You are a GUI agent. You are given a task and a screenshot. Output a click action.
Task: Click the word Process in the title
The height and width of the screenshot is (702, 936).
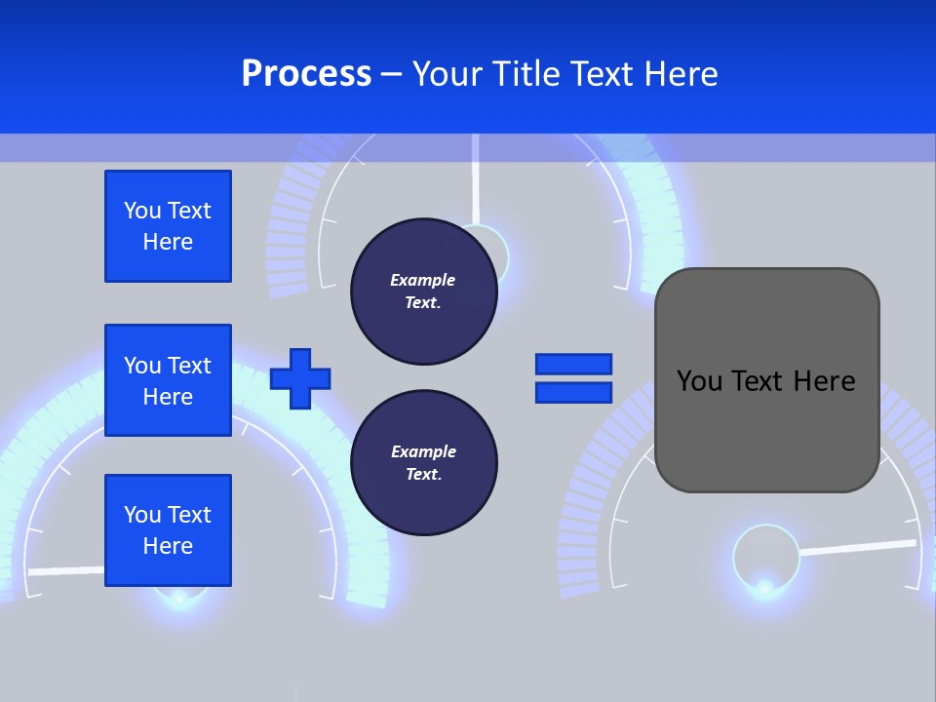click(x=306, y=74)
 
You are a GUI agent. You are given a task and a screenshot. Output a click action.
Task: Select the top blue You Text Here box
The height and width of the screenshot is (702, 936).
click(x=168, y=226)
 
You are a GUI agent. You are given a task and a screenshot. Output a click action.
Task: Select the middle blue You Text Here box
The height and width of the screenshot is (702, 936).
click(x=168, y=380)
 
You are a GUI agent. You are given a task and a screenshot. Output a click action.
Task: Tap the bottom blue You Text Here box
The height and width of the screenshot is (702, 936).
click(x=168, y=530)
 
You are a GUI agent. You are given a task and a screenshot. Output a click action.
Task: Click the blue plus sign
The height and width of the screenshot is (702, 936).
click(x=300, y=378)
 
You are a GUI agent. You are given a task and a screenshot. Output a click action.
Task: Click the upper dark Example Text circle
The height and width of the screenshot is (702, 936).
click(x=423, y=292)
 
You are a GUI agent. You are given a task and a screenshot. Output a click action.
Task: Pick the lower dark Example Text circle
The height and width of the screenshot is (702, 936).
click(x=423, y=463)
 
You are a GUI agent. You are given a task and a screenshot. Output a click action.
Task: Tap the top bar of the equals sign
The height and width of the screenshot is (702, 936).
click(x=573, y=365)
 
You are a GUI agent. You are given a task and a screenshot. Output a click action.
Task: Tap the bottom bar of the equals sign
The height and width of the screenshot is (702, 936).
click(x=573, y=392)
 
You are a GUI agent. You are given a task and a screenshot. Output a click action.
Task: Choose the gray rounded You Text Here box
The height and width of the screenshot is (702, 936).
click(x=766, y=380)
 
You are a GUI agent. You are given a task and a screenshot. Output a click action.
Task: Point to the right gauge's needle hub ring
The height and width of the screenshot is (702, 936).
click(x=765, y=557)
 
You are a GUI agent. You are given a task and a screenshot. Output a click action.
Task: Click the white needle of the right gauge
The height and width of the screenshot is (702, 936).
click(x=858, y=547)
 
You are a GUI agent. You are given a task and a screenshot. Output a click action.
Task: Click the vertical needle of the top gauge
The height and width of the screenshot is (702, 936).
click(x=475, y=180)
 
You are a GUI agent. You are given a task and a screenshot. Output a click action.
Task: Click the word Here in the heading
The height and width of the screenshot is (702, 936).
click(x=682, y=74)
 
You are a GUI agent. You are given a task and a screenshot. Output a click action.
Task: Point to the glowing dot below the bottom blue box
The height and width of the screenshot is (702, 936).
click(x=178, y=597)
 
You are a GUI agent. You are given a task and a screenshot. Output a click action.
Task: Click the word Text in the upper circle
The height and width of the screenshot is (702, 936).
click(x=423, y=302)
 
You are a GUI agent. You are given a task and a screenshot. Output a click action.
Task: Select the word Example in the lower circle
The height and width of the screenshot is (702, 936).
click(x=423, y=451)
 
